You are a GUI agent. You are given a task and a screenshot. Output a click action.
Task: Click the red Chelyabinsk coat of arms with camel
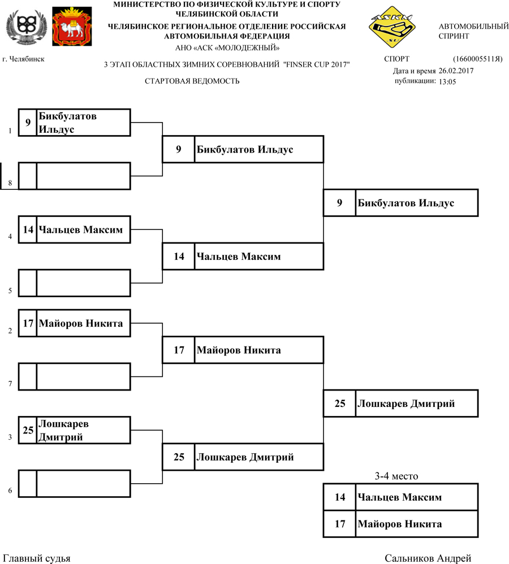(x=72, y=27)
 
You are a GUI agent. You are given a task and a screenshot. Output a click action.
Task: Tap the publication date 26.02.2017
(x=456, y=71)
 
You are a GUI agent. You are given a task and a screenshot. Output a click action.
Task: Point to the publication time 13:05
(x=447, y=81)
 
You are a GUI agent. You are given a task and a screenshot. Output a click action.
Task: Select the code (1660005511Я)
(x=477, y=59)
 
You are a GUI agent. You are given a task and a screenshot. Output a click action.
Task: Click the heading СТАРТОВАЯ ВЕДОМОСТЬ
(x=192, y=81)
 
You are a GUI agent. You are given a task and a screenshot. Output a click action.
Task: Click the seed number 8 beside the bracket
(x=10, y=184)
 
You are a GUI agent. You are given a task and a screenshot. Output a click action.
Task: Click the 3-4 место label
(x=396, y=476)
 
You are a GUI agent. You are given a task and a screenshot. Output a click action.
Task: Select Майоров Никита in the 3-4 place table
(x=400, y=524)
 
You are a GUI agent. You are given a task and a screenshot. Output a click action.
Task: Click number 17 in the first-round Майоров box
(x=28, y=324)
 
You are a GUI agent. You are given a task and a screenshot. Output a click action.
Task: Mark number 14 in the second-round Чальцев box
(x=179, y=256)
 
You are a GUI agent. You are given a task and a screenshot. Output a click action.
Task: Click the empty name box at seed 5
(x=84, y=283)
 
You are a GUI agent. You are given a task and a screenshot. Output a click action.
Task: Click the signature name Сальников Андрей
(x=428, y=558)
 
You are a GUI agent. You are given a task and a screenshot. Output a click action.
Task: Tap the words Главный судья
(x=37, y=558)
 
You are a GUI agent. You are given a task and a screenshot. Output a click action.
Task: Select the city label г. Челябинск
(x=24, y=59)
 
